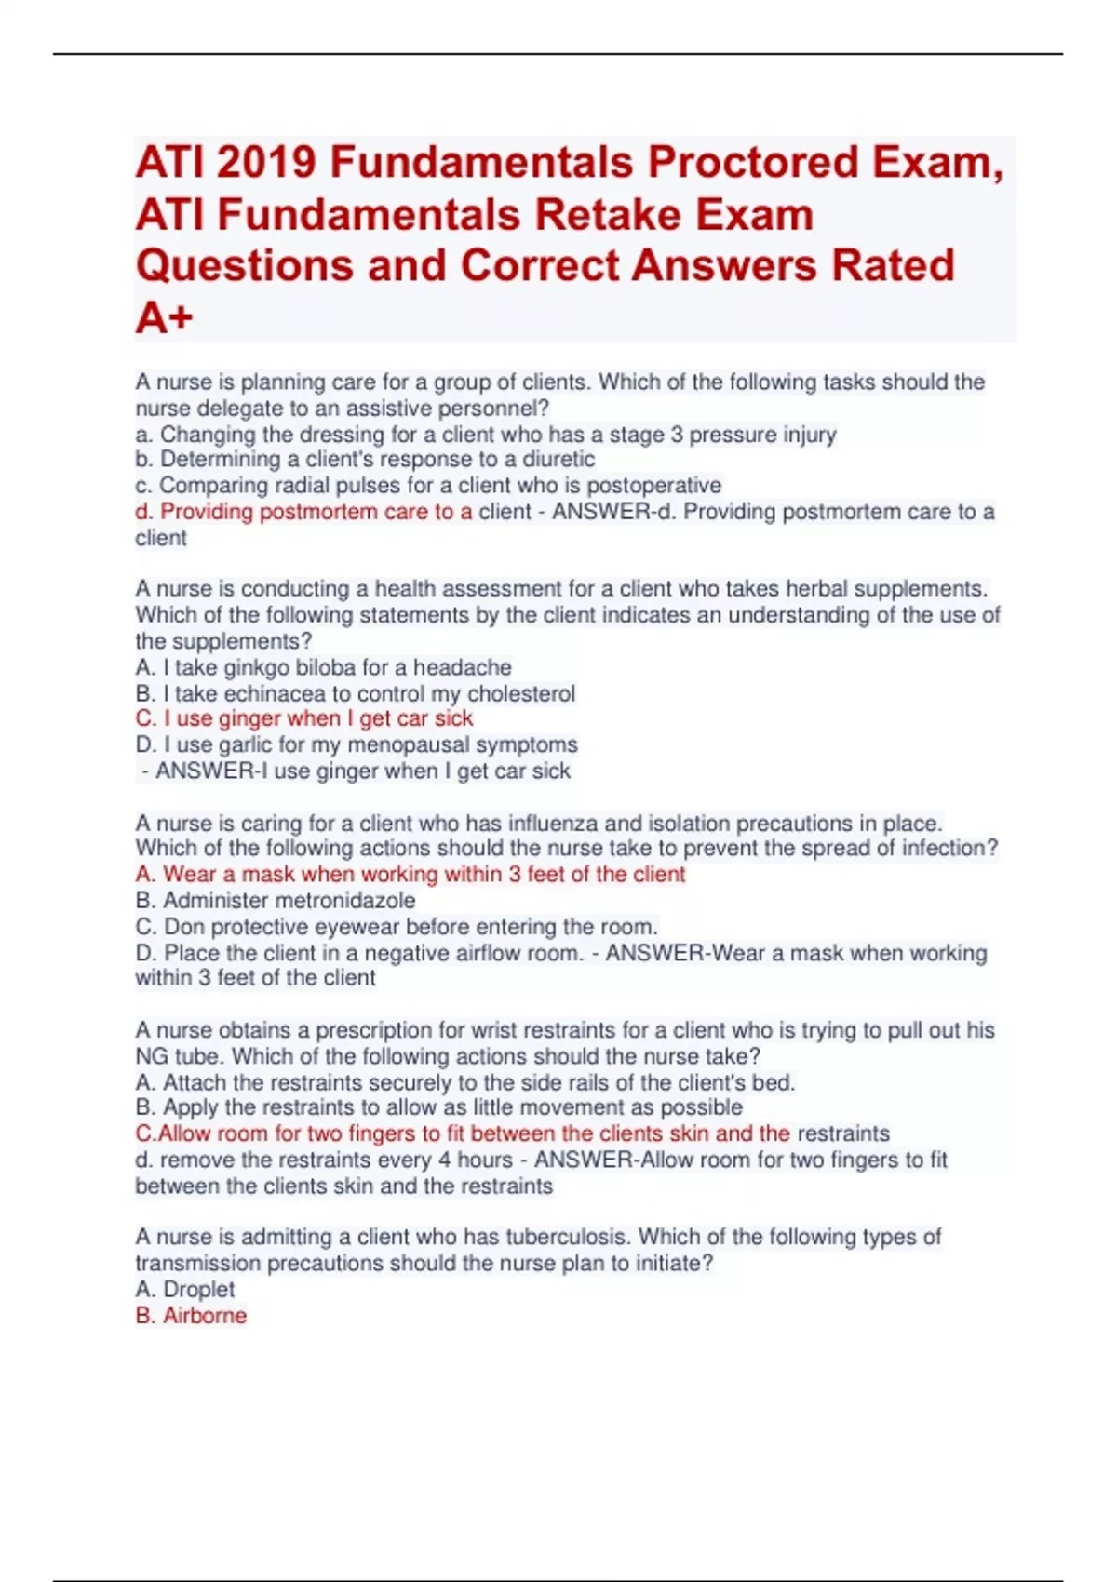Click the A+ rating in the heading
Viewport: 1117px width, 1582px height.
[x=164, y=318]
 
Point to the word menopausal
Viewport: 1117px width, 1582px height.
[x=409, y=745]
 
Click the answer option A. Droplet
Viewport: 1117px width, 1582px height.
[x=184, y=1290]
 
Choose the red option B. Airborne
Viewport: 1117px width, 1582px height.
[x=191, y=1316]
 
